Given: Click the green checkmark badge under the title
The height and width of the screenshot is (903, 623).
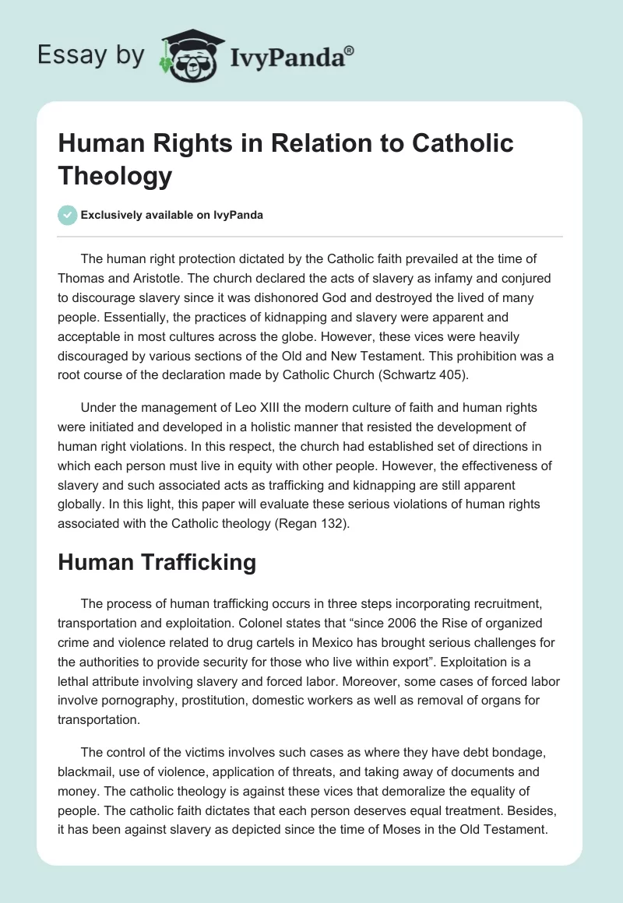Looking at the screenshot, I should point(67,215).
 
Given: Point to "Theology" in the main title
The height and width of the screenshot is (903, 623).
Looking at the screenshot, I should point(115,176).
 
